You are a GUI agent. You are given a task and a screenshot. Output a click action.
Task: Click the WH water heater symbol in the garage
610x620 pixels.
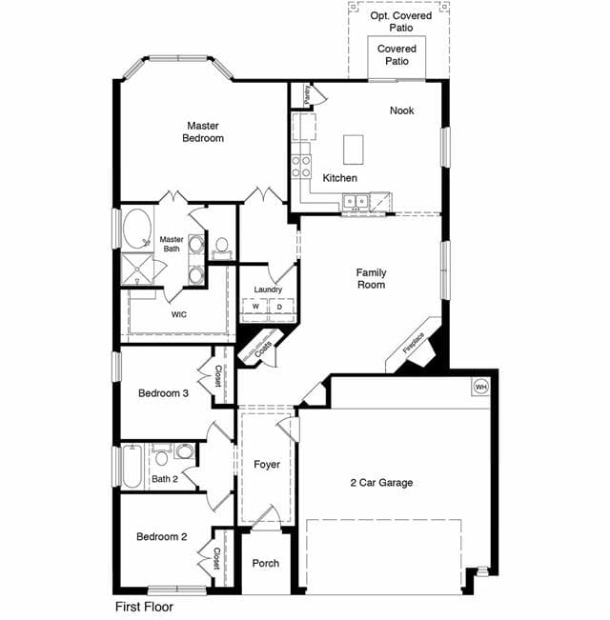point(480,387)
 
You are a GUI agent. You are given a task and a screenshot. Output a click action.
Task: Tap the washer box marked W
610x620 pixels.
point(255,307)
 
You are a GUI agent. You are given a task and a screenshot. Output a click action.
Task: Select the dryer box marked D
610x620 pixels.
point(281,307)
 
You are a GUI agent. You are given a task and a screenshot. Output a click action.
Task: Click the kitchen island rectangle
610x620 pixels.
point(354,150)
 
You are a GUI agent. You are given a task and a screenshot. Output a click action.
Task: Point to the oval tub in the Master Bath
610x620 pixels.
point(137,230)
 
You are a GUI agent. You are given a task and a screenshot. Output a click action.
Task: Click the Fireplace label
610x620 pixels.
point(413,343)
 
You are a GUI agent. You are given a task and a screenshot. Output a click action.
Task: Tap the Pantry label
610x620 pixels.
point(307,95)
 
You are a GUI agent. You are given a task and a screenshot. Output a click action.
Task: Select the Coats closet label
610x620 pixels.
point(263,350)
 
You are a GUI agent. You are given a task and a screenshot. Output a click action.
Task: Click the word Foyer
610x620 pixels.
point(267,464)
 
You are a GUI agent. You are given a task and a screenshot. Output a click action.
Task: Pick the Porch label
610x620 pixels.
point(265,563)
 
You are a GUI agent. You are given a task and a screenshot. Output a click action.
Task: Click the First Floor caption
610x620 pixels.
point(144,607)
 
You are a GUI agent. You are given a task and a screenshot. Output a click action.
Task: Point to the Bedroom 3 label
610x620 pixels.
point(163,393)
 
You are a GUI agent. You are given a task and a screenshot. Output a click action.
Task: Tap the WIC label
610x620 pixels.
point(179,314)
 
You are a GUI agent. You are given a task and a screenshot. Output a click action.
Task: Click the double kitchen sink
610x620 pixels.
point(356,201)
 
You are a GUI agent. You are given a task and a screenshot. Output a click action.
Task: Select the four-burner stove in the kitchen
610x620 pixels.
point(301,167)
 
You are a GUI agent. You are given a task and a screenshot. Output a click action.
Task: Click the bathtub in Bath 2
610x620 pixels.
point(132,467)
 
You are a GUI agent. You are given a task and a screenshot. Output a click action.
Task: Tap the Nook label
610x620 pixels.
point(401,110)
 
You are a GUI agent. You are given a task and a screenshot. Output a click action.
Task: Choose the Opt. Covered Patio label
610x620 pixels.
point(400,22)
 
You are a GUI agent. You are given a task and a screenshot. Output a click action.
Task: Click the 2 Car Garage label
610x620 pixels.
point(381,483)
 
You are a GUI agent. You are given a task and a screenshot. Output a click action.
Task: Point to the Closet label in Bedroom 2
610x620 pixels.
point(216,558)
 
